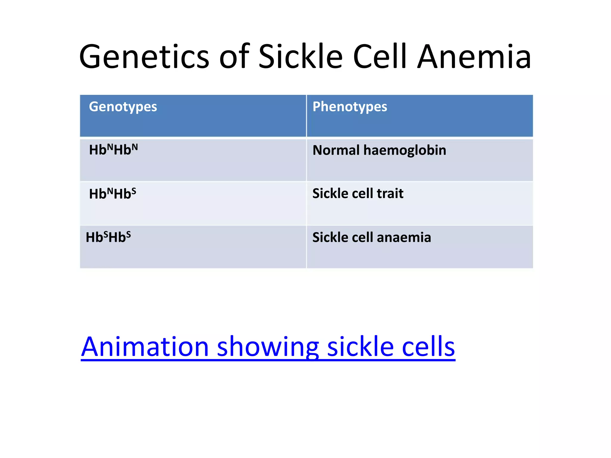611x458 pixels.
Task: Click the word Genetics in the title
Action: [144, 57]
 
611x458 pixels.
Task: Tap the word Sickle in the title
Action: [300, 57]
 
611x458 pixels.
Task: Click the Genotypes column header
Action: [123, 107]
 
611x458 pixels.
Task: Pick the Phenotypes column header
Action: [350, 107]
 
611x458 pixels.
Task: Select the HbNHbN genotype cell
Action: [113, 150]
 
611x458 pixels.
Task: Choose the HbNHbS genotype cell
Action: [112, 194]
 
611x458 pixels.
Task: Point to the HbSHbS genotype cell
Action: [108, 237]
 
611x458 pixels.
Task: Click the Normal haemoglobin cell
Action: [379, 150]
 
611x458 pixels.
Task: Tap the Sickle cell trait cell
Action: [358, 194]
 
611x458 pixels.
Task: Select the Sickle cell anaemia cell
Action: [371, 237]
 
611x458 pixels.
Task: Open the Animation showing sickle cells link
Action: [268, 346]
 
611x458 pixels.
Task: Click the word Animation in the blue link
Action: [145, 346]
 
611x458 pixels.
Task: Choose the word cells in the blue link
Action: [428, 346]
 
